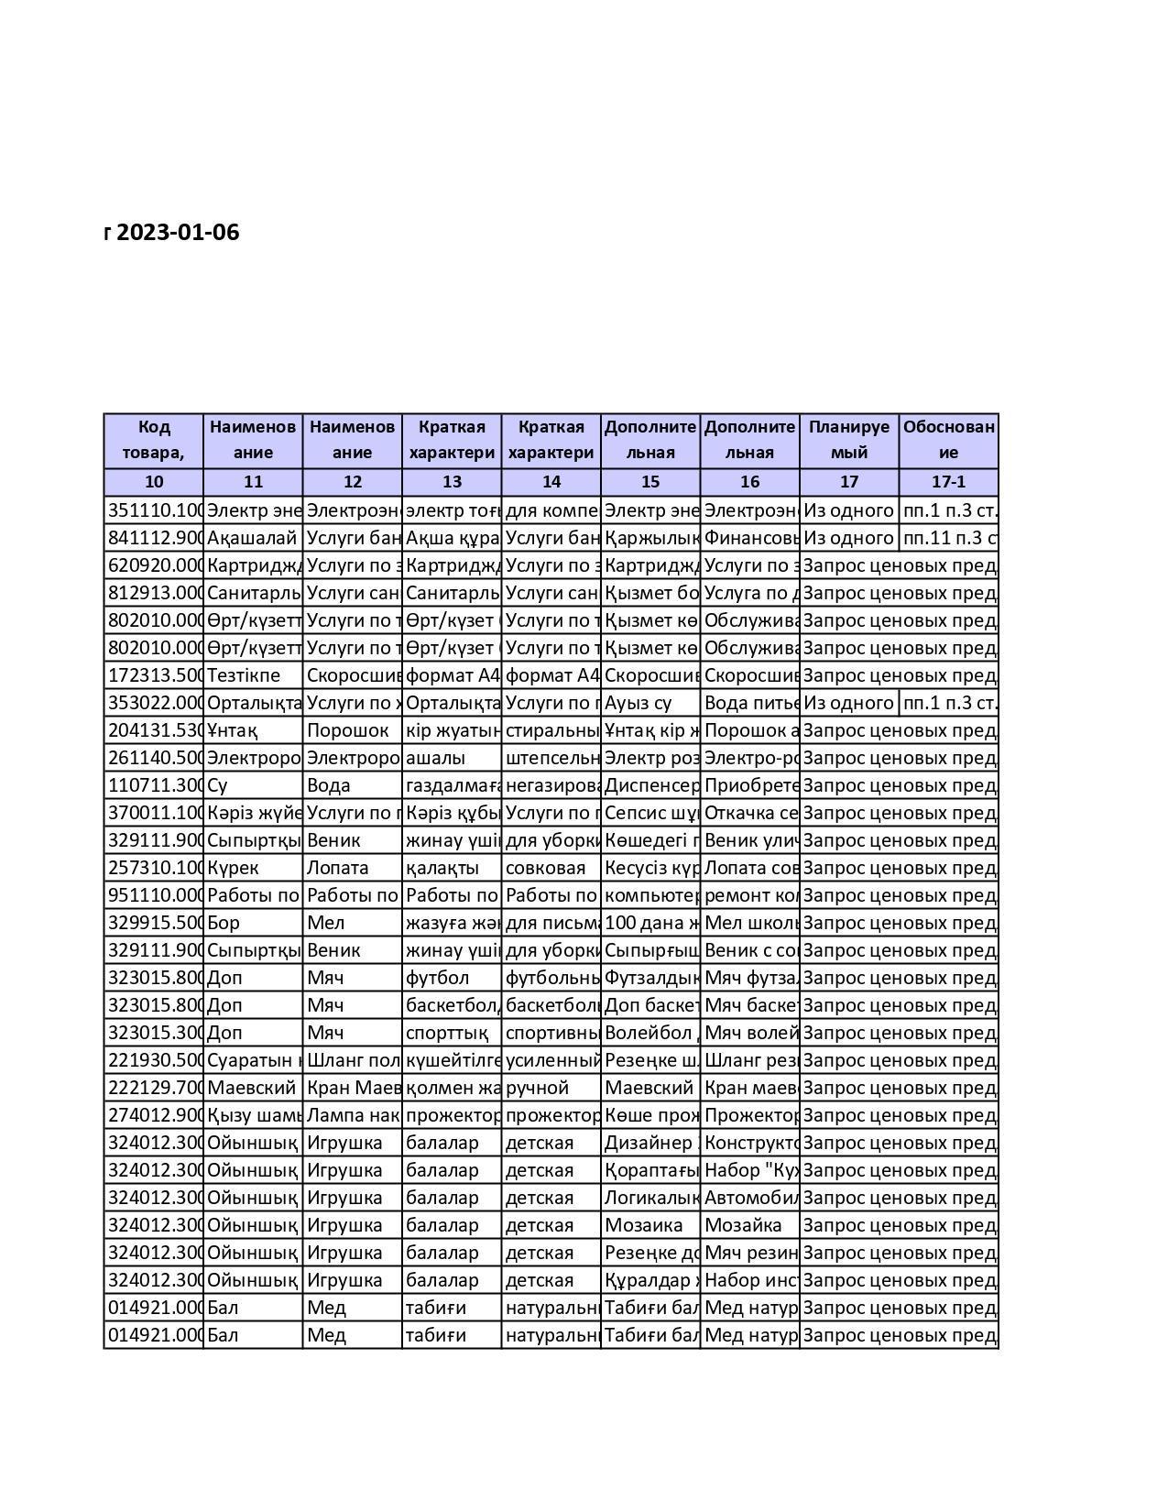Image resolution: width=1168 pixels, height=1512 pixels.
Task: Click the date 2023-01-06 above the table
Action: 178,233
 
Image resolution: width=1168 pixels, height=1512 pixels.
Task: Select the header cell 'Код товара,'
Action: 154,440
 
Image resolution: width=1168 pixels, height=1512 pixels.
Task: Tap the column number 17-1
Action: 948,482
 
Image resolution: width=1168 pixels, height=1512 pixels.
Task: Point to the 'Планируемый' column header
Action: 848,440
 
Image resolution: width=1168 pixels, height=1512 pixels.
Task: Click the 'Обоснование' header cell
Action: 948,440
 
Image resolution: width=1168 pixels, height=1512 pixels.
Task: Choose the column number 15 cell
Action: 650,482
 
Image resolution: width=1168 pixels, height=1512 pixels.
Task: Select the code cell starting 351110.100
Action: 154,510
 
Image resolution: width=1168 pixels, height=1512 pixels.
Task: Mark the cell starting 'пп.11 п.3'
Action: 949,538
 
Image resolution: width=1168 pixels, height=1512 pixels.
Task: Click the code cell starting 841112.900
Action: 154,538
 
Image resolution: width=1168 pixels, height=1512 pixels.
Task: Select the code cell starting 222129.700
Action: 154,1088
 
